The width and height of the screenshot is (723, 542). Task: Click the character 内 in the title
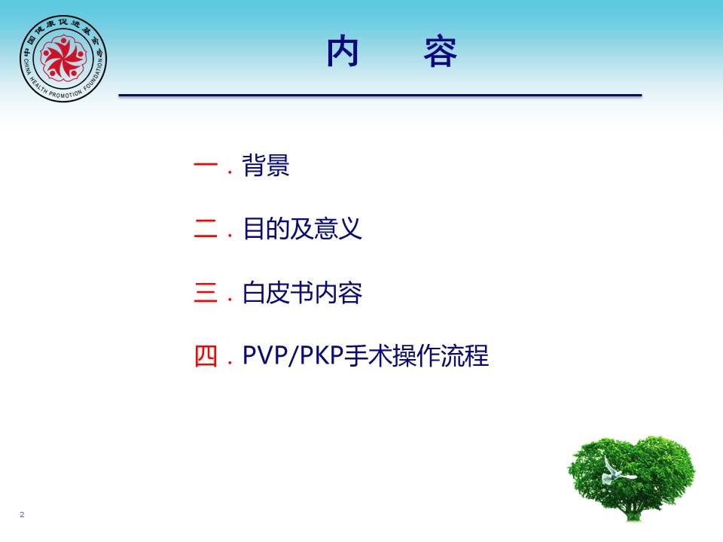(x=343, y=52)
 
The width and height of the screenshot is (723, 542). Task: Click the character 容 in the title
(x=441, y=52)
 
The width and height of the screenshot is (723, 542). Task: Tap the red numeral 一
(x=206, y=165)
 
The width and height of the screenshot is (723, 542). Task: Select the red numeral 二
(x=206, y=228)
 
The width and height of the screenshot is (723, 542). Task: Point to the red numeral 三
(x=206, y=292)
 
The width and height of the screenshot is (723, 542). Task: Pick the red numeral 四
(x=206, y=356)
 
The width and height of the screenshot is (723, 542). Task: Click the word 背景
(x=266, y=165)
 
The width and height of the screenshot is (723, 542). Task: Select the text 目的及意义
(x=302, y=229)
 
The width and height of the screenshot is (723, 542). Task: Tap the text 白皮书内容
(x=302, y=292)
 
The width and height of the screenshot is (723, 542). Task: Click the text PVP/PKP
(x=293, y=355)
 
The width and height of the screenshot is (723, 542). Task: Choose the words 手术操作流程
(x=416, y=356)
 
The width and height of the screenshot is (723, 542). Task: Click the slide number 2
(x=22, y=514)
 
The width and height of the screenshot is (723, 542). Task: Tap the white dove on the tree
(x=617, y=471)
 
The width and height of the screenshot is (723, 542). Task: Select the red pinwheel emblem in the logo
(x=63, y=58)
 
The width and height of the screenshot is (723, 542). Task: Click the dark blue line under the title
(x=380, y=96)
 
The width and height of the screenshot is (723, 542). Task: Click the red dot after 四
(x=230, y=363)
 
